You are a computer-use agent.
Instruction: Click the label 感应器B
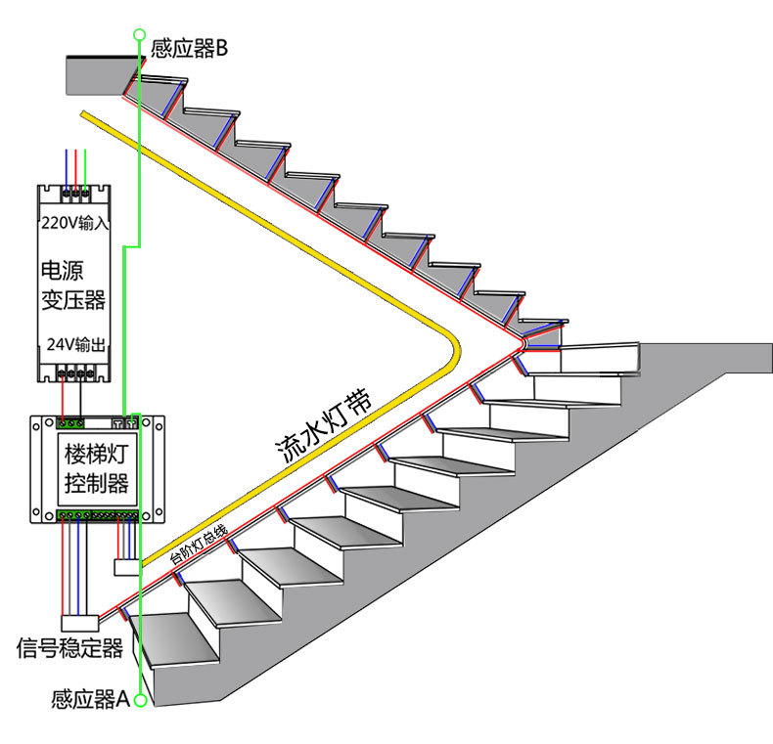pyautogui.click(x=189, y=48)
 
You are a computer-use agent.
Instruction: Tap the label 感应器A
pyautogui.click(x=90, y=700)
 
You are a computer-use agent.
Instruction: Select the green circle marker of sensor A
pyautogui.click(x=141, y=700)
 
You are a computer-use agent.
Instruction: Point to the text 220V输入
pyautogui.click(x=73, y=224)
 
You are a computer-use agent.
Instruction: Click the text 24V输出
pyautogui.click(x=73, y=345)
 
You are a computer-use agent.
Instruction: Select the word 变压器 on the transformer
pyautogui.click(x=72, y=299)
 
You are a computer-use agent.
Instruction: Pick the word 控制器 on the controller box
pyautogui.click(x=96, y=483)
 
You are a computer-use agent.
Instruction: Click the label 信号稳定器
pyautogui.click(x=69, y=648)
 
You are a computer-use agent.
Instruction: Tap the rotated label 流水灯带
pyautogui.click(x=323, y=425)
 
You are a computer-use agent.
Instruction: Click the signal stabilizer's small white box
pyautogui.click(x=79, y=622)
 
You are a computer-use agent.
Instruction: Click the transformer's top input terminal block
pyautogui.click(x=74, y=194)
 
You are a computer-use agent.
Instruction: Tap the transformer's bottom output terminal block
pyautogui.click(x=74, y=372)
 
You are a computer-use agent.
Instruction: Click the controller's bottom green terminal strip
pyautogui.click(x=97, y=514)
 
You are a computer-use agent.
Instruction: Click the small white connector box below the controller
pyautogui.click(x=127, y=566)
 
